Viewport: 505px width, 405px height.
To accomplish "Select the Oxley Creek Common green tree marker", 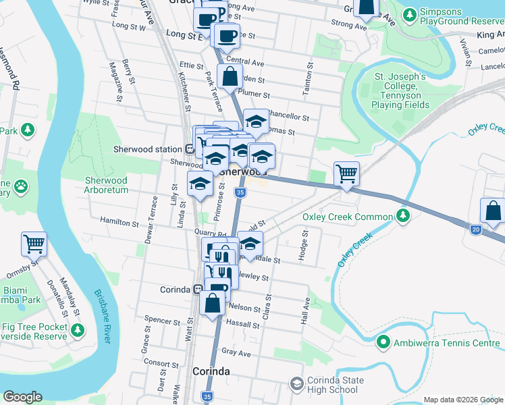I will point(403,216).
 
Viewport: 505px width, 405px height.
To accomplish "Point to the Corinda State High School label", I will point(332,385).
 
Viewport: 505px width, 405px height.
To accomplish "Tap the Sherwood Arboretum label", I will point(106,185).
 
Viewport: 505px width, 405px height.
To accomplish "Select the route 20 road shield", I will point(475,230).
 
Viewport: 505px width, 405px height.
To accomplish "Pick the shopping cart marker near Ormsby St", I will point(34,244).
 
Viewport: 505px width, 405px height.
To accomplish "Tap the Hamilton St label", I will point(119,221).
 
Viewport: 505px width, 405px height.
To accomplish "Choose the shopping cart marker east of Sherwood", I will point(346,173).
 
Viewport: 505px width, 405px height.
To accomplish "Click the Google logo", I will point(23,397).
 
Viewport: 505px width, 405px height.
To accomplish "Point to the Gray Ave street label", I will point(236,353).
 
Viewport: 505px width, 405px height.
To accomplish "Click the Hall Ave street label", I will point(306,311).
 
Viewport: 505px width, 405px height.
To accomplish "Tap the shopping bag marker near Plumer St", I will point(230,78).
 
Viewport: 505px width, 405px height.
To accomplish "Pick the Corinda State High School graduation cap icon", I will point(296,384).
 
